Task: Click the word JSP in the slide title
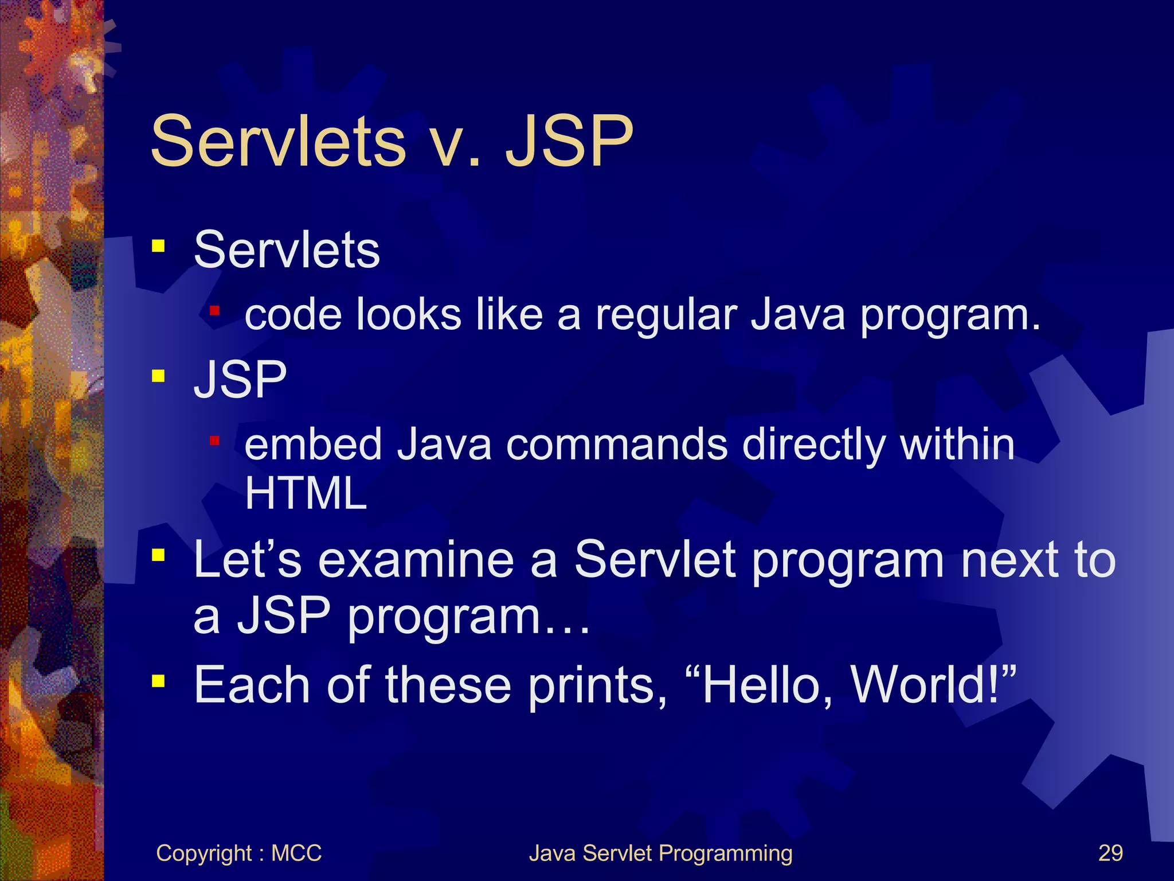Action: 569,141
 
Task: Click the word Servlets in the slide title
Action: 278,141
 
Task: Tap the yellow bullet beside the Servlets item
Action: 158,247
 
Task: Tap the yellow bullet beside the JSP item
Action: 158,376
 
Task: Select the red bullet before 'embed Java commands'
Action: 215,440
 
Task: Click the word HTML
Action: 306,493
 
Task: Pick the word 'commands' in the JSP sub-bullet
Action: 616,445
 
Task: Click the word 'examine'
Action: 416,560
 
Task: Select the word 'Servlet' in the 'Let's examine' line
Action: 655,560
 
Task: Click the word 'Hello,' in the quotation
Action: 767,685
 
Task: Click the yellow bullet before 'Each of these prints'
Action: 158,681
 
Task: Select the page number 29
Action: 1110,853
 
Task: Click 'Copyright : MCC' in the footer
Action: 238,853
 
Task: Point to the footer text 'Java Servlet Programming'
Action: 660,853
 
